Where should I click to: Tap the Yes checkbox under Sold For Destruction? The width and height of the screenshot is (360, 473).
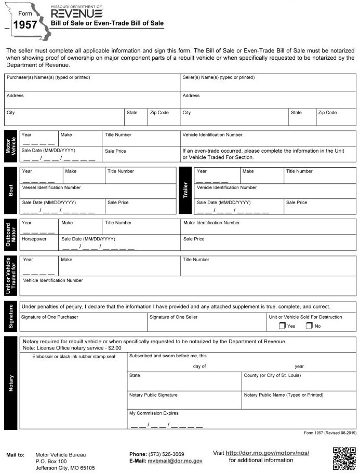(282, 326)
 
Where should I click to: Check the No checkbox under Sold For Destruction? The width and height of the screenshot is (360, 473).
(309, 326)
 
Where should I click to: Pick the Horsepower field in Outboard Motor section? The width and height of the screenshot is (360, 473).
(39, 245)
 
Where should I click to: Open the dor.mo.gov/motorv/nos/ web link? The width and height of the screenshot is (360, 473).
(268, 453)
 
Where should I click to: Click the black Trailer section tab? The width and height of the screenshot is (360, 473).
(185, 191)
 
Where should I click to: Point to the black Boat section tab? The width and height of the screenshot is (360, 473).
(11, 191)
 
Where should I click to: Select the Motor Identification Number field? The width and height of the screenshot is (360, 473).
(268, 226)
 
